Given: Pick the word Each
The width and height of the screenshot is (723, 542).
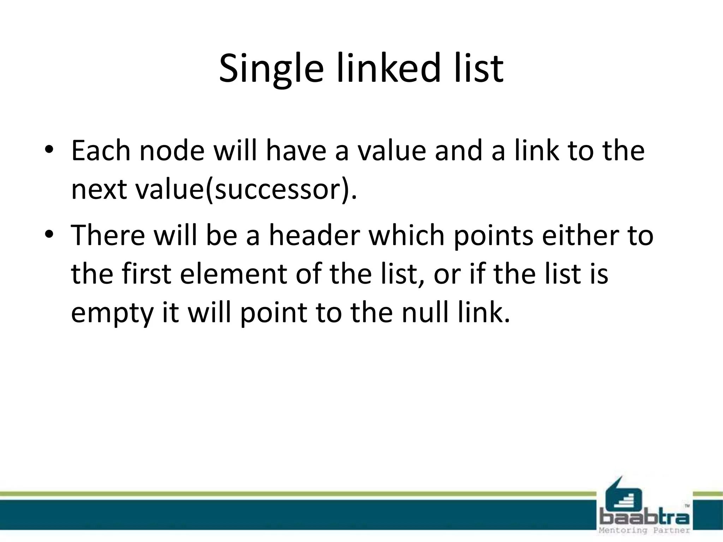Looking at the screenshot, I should (101, 151).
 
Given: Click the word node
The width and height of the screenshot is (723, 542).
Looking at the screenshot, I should (172, 151).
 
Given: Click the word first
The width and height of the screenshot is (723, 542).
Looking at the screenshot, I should (147, 274).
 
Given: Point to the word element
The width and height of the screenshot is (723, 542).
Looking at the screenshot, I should (233, 274).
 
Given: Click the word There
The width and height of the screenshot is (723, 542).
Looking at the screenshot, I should (108, 235).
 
